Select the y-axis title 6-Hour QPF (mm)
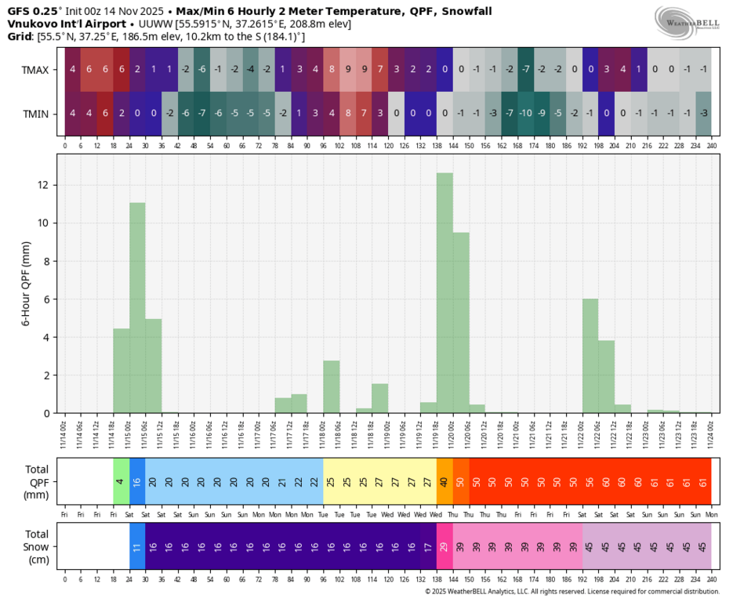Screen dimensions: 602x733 25,283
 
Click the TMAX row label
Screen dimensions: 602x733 35,70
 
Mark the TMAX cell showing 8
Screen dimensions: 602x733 332,70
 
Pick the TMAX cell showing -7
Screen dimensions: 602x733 525,70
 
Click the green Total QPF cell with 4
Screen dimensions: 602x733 121,481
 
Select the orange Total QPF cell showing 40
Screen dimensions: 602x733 445,481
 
